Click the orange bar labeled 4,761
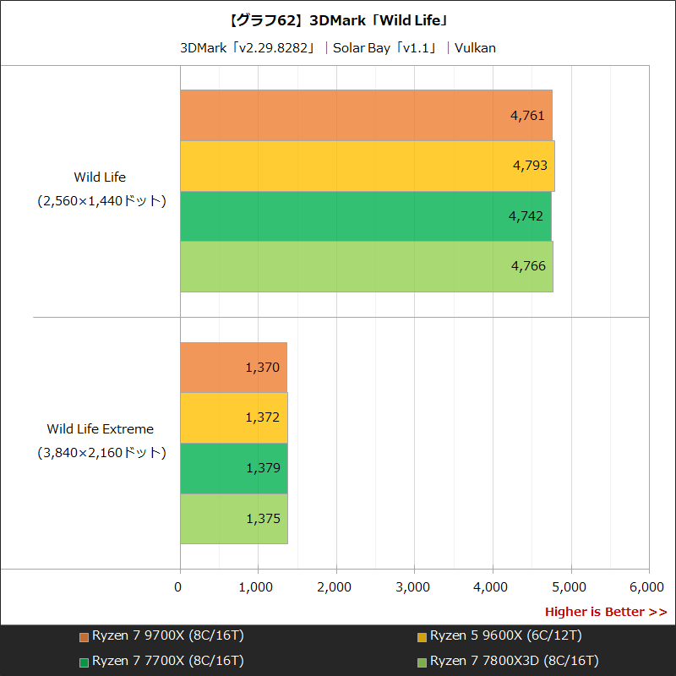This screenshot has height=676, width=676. pyautogui.click(x=366, y=115)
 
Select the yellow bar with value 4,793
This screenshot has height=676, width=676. pyautogui.click(x=367, y=166)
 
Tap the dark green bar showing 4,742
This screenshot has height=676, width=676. pyautogui.click(x=365, y=216)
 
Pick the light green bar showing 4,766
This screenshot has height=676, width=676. pyautogui.click(x=366, y=266)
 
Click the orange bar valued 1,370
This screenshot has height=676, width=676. pyautogui.click(x=233, y=367)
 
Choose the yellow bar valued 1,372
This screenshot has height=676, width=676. pyautogui.click(x=233, y=417)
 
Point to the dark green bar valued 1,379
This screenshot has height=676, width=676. pyautogui.click(x=233, y=468)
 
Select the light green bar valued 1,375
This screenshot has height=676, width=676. pyautogui.click(x=233, y=519)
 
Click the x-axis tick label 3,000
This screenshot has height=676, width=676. pyautogui.click(x=414, y=586)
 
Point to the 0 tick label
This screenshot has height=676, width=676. pyautogui.click(x=178, y=586)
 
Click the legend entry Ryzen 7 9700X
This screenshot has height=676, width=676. pyautogui.click(x=161, y=635)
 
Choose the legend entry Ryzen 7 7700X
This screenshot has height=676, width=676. pyautogui.click(x=161, y=661)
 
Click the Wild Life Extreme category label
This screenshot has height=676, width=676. pyautogui.click(x=100, y=429)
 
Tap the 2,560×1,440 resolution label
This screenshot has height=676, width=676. pyautogui.click(x=100, y=201)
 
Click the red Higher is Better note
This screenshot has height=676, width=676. pyautogui.click(x=605, y=612)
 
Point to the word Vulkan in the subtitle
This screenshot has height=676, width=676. pyautogui.click(x=475, y=47)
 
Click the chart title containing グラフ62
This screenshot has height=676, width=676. pyautogui.click(x=338, y=18)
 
